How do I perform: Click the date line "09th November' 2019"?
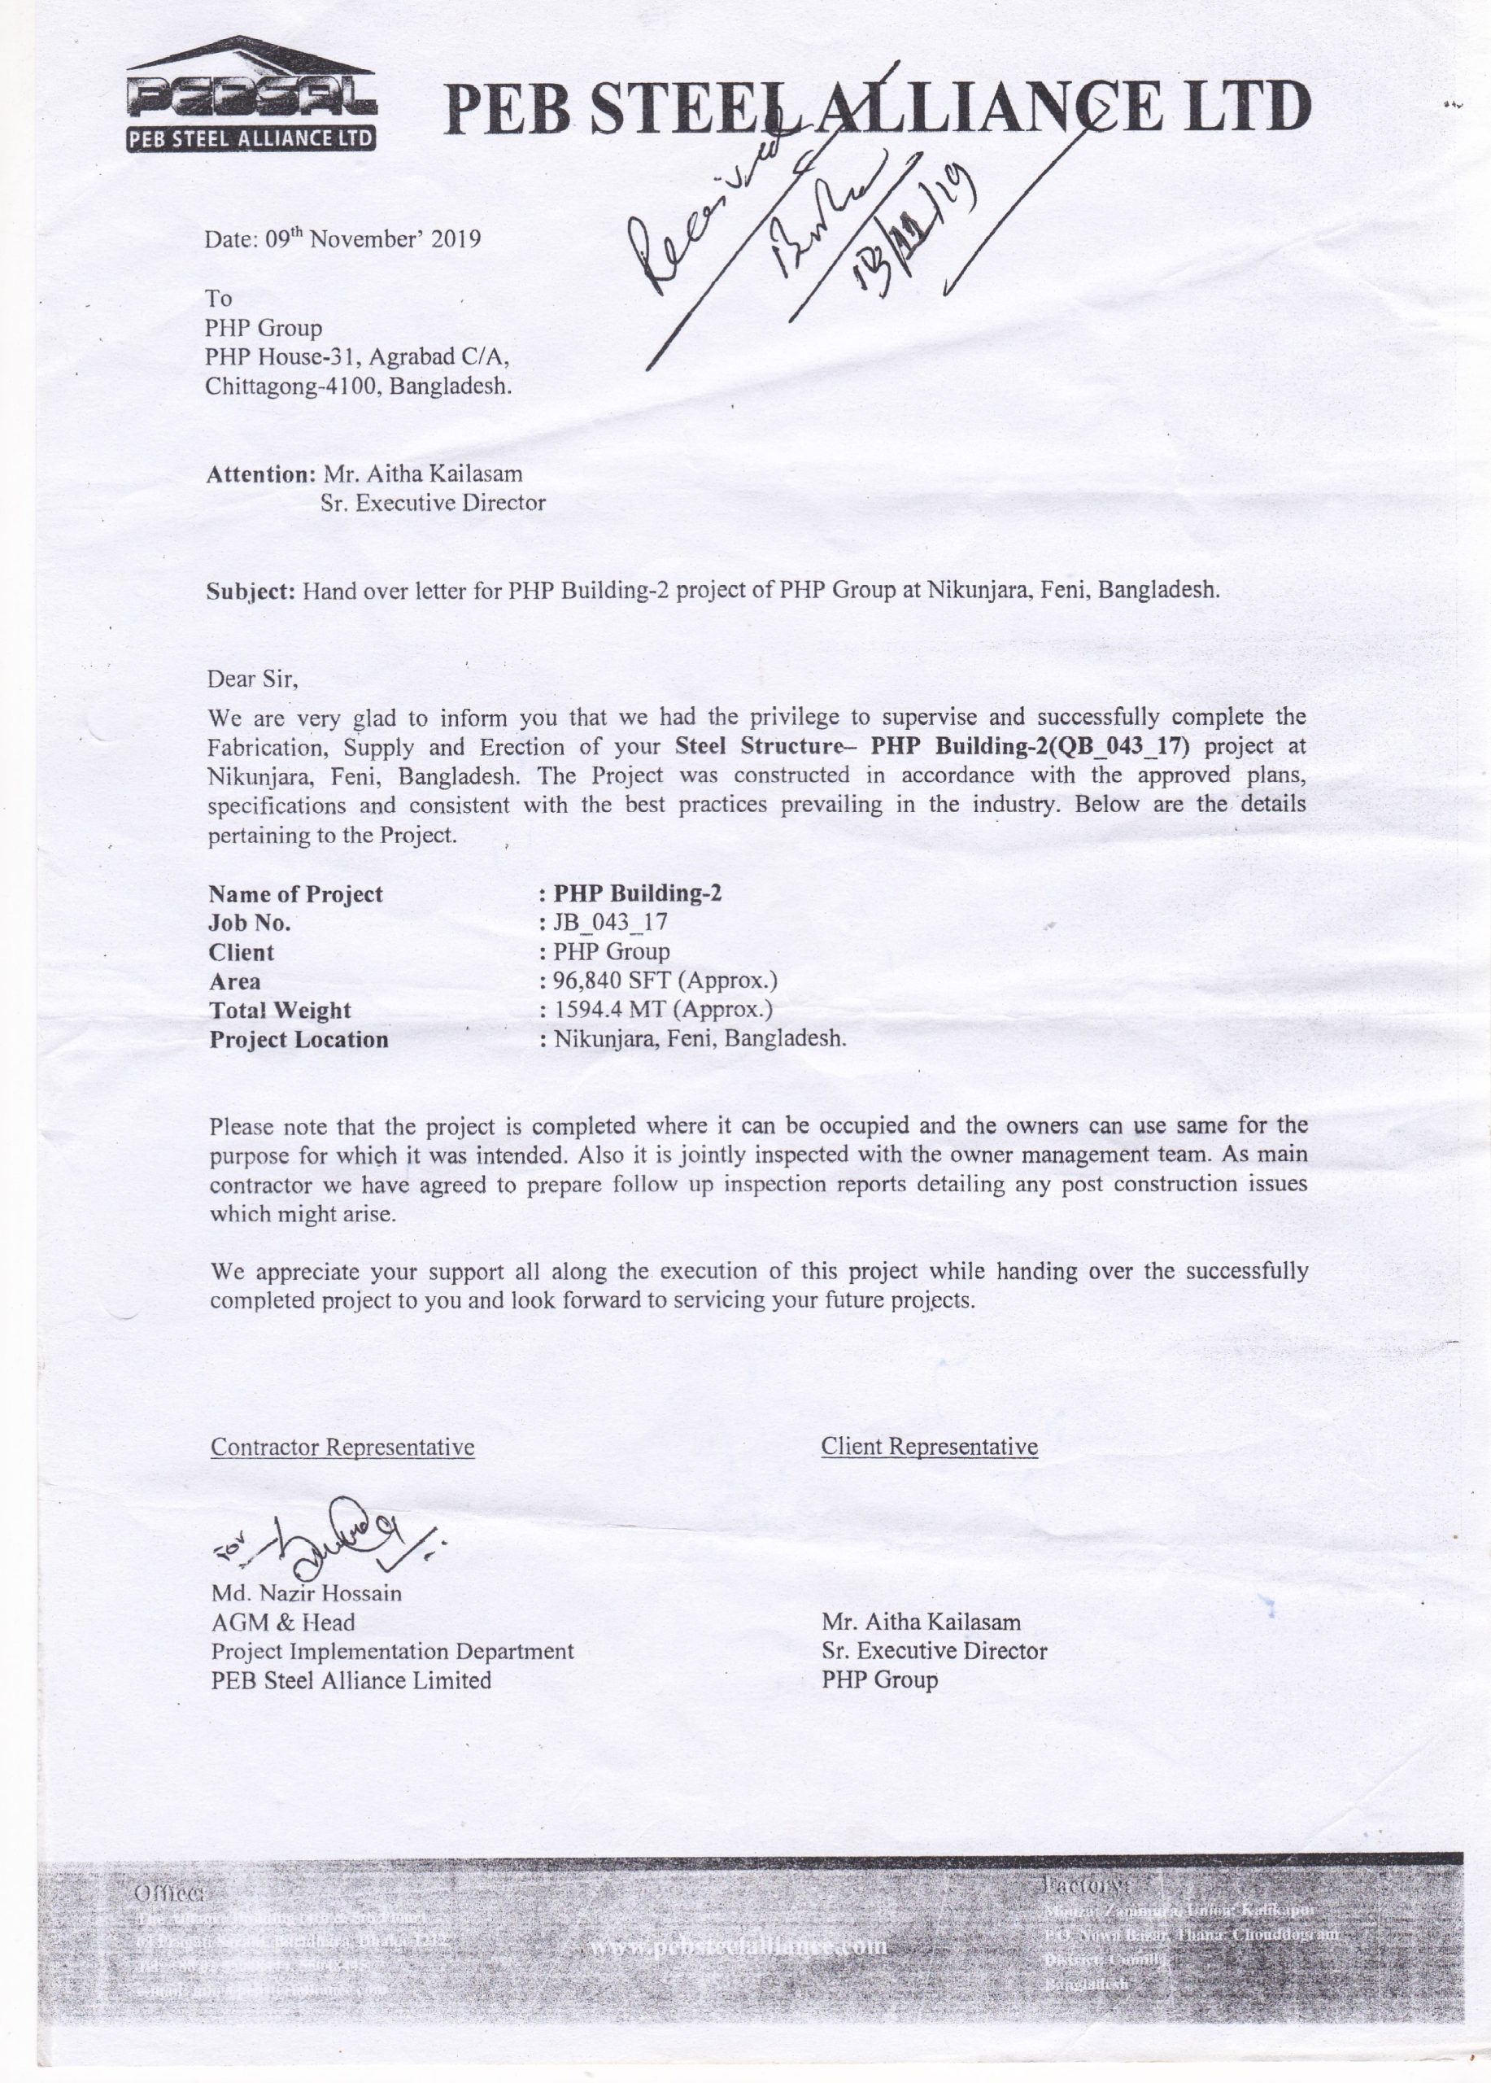pos(342,240)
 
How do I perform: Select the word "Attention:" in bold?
pos(262,475)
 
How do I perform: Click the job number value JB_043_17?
pos(609,922)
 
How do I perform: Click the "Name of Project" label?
pos(295,893)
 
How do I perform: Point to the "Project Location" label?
pos(299,1040)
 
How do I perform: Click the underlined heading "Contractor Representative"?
pos(342,1448)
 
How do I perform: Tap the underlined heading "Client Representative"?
pos(929,1447)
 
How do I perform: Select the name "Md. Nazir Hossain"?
pos(307,1592)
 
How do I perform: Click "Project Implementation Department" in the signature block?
pos(392,1651)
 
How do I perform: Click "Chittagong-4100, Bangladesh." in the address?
pos(358,386)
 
